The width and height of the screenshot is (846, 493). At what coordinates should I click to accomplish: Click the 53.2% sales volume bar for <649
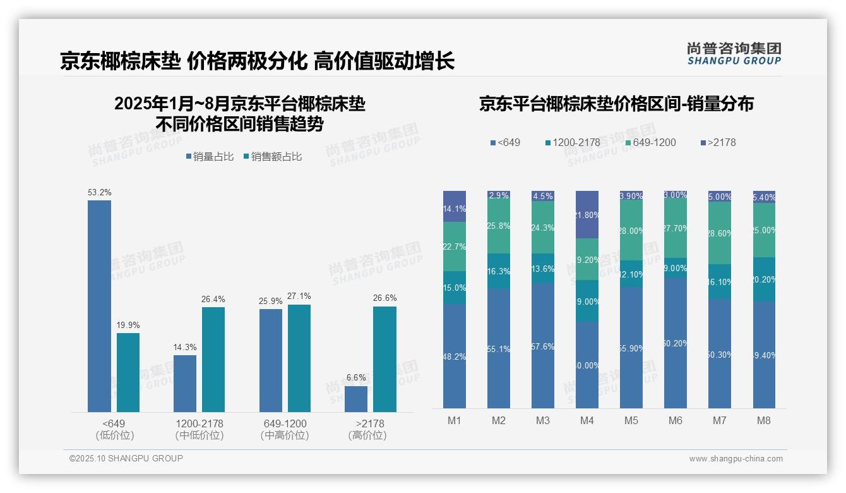tap(99, 306)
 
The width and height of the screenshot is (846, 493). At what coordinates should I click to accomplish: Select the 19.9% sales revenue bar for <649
tap(128, 372)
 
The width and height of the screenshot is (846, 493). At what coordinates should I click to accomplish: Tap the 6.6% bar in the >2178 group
tap(356, 399)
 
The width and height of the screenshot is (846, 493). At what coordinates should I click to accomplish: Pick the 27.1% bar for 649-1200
tap(299, 358)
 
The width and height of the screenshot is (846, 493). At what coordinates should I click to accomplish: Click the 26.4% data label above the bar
tap(213, 299)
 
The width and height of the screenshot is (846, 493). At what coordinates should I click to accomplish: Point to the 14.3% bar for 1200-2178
tap(185, 384)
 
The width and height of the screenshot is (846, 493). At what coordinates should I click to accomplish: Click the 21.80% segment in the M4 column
tap(587, 215)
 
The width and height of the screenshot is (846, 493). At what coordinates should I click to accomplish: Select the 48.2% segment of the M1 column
tap(455, 356)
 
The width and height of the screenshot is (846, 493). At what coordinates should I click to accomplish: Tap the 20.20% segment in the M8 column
tap(764, 279)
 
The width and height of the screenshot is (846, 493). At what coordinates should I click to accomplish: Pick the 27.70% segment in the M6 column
tap(676, 229)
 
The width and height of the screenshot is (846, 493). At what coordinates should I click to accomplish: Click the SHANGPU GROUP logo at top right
tap(734, 54)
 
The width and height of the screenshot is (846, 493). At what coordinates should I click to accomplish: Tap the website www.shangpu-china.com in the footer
tap(736, 459)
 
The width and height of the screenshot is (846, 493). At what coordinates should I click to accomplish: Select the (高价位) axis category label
tap(367, 435)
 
